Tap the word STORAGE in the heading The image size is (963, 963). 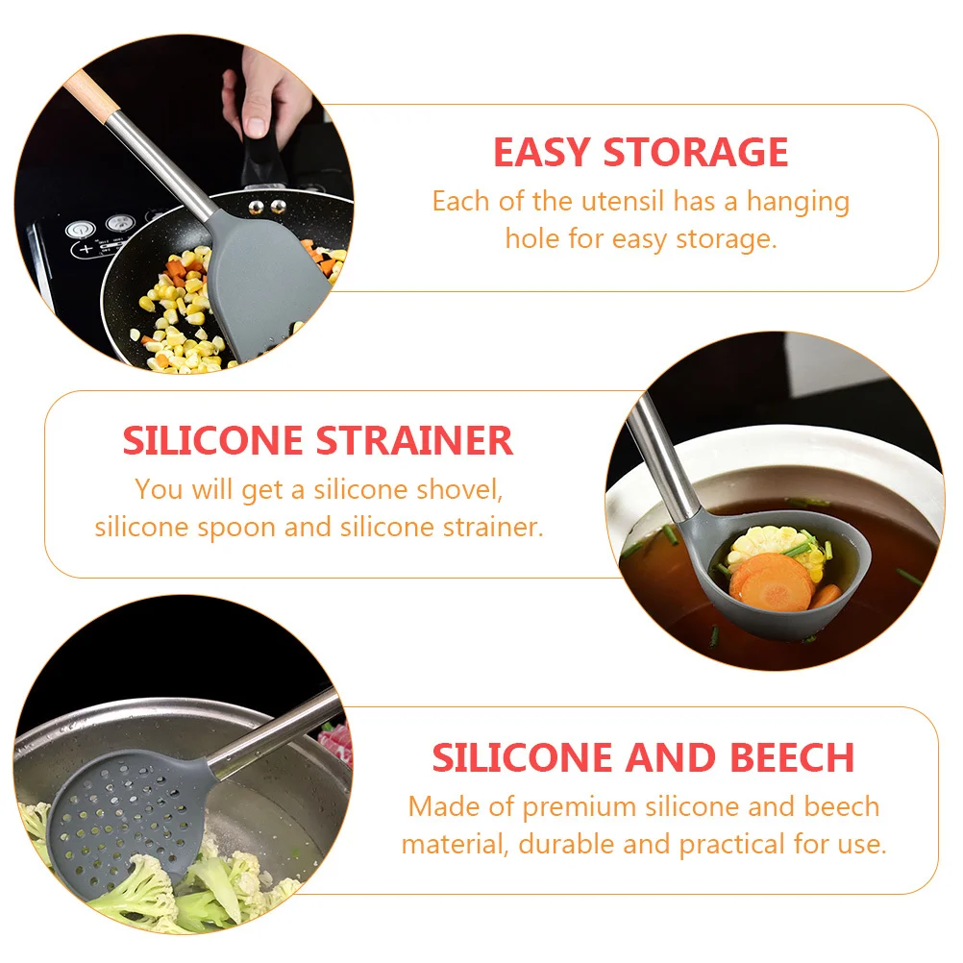coord(695,154)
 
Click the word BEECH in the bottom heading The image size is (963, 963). coord(792,758)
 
